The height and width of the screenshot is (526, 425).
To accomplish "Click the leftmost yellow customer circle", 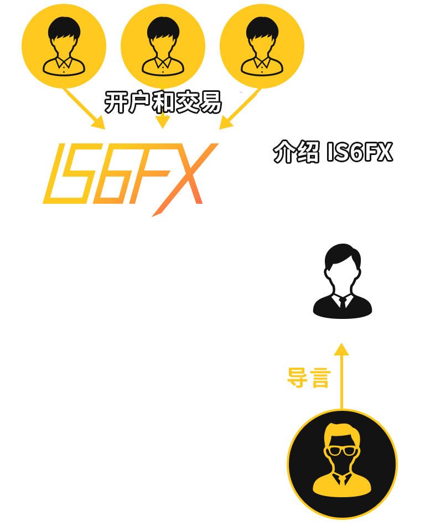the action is tap(64, 47).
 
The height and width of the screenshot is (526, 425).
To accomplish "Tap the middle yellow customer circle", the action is tap(163, 47).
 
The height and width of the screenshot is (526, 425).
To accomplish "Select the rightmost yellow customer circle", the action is tap(262, 47).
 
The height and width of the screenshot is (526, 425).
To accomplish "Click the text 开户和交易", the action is tap(163, 102).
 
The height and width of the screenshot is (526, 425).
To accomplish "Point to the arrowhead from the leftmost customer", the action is tap(99, 123).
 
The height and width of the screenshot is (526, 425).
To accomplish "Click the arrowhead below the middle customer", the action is tap(163, 122).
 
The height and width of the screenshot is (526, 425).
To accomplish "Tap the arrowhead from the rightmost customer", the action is tap(226, 123).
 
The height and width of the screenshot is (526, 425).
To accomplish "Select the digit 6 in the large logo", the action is tap(109, 174).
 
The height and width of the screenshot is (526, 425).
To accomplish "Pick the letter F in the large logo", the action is tap(147, 173).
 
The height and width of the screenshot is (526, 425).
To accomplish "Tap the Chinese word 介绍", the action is tap(296, 152).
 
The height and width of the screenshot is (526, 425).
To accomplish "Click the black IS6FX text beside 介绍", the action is tap(359, 152).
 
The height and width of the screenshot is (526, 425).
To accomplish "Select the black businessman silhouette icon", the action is tap(342, 281).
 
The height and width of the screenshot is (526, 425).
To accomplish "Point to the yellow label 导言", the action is tap(309, 378).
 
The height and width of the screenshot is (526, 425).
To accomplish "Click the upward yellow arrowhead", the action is tap(341, 349).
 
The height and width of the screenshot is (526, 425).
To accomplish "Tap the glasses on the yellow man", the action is tap(341, 451).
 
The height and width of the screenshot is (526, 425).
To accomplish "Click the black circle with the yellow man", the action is tap(342, 464).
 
